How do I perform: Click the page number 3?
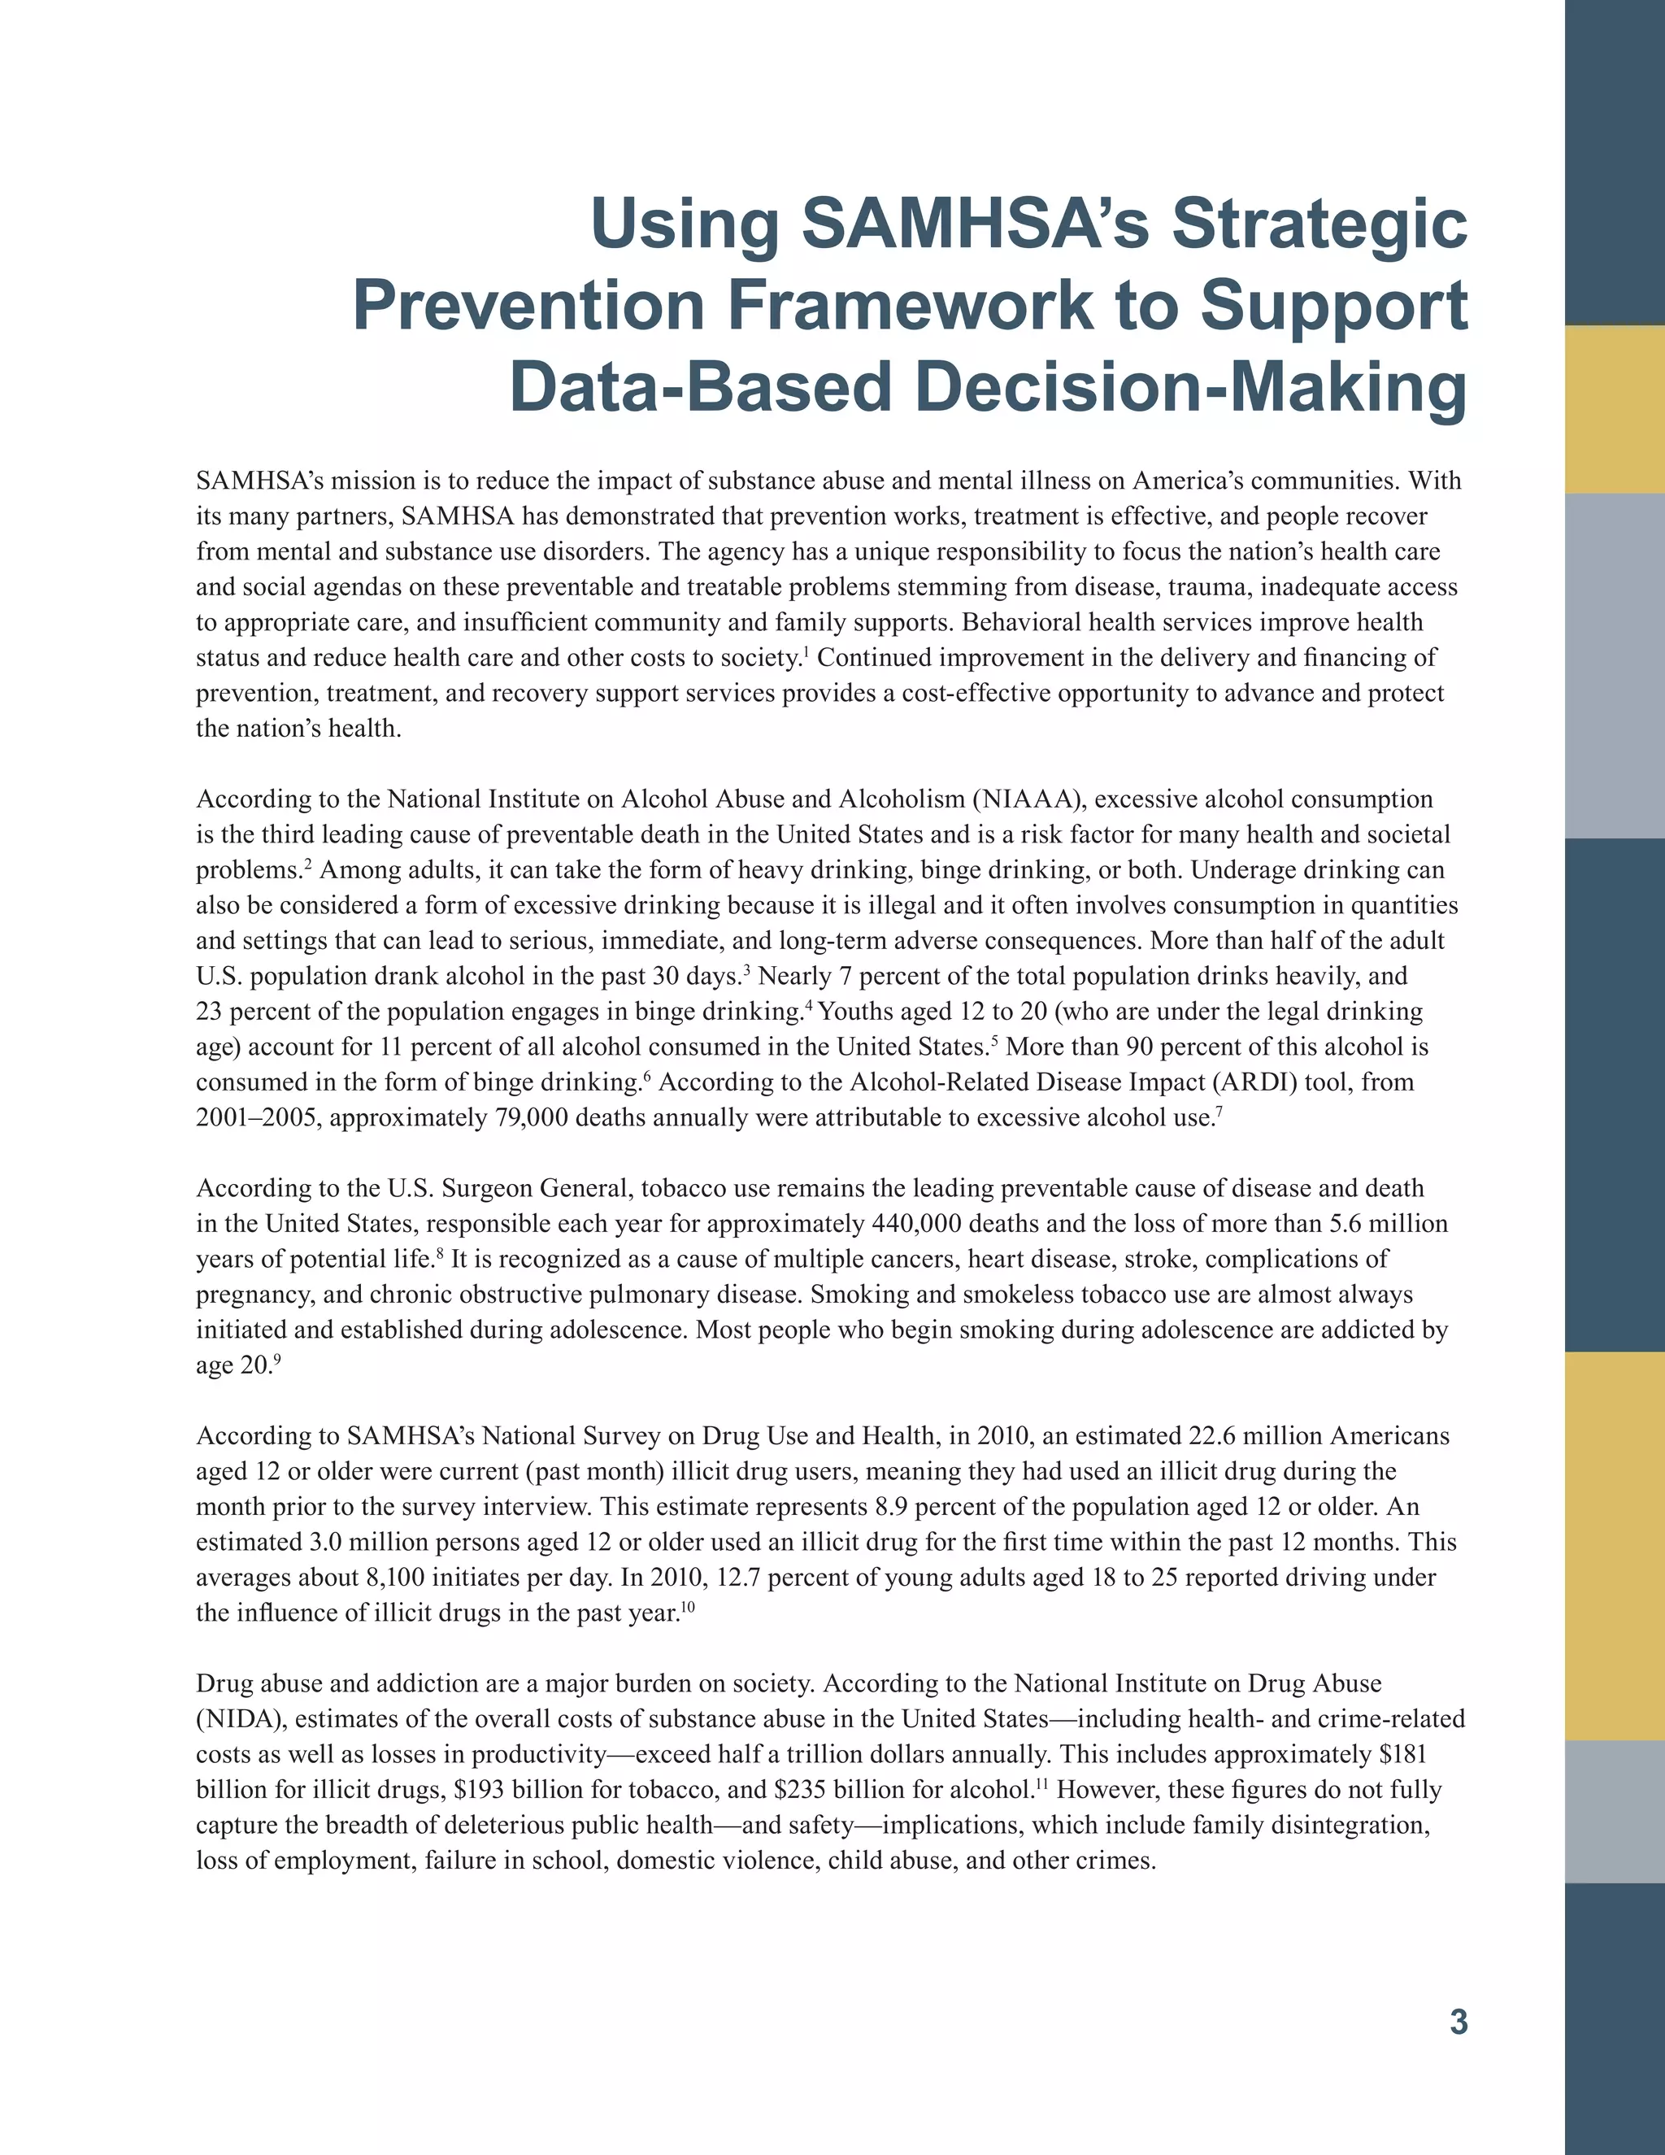click(1458, 2022)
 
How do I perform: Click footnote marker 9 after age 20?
click(277, 1360)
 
